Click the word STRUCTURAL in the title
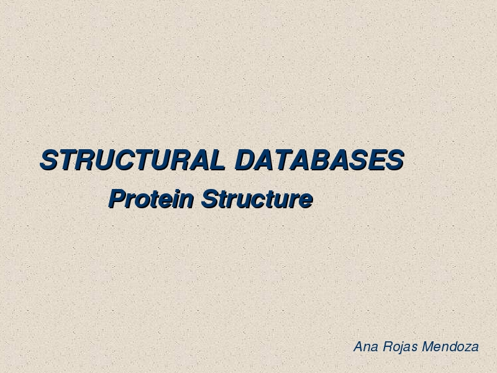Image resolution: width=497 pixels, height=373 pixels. click(133, 160)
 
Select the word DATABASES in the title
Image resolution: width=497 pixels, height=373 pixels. click(319, 160)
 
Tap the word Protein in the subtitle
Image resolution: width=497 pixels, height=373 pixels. click(151, 199)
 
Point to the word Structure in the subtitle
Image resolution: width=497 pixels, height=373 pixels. click(257, 199)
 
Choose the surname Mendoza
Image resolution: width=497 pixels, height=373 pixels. click(450, 347)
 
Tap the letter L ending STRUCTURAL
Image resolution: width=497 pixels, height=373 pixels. click(217, 160)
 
